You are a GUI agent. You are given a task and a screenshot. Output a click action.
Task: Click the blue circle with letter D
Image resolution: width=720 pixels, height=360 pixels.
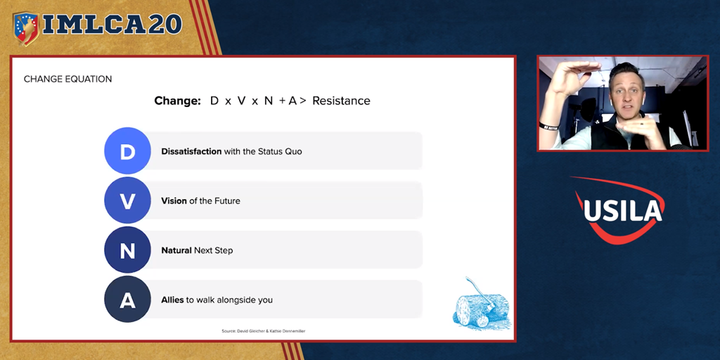pyautogui.click(x=128, y=150)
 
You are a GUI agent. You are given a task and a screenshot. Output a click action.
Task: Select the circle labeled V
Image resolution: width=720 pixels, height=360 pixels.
pyautogui.click(x=128, y=200)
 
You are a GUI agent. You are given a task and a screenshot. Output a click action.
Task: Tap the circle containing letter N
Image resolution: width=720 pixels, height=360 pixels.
pyautogui.click(x=128, y=250)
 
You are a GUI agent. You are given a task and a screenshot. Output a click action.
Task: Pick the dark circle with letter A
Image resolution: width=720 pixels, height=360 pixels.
pyautogui.click(x=128, y=300)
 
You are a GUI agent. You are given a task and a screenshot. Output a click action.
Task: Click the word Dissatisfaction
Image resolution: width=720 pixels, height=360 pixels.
pyautogui.click(x=191, y=151)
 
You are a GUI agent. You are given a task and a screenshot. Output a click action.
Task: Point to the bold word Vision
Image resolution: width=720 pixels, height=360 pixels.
pyautogui.click(x=174, y=200)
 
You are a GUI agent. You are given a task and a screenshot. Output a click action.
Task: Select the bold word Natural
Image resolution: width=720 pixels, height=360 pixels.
pyautogui.click(x=176, y=250)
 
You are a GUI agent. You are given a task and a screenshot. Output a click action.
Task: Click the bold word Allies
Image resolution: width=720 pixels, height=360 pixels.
pyautogui.click(x=173, y=300)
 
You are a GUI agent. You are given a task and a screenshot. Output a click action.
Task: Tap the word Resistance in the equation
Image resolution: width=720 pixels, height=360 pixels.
pyautogui.click(x=341, y=101)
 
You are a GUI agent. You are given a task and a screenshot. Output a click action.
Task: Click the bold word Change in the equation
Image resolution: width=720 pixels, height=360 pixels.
pyautogui.click(x=178, y=101)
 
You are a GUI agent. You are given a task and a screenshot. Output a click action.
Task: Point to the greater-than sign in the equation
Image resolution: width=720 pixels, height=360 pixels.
pyautogui.click(x=302, y=101)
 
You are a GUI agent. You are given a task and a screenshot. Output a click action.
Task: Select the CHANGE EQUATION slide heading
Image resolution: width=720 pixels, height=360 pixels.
pyautogui.click(x=68, y=79)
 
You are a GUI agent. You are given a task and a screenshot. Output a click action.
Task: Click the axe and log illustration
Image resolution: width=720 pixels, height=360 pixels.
pyautogui.click(x=481, y=303)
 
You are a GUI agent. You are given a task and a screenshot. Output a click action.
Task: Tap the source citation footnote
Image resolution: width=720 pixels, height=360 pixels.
pyautogui.click(x=263, y=330)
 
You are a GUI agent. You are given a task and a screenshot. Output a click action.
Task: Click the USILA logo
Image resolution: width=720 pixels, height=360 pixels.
pyautogui.click(x=619, y=210)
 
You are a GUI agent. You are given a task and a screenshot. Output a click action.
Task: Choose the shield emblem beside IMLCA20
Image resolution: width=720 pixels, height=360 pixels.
pyautogui.click(x=26, y=28)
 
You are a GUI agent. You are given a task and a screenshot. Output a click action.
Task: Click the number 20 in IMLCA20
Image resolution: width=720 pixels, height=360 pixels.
pyautogui.click(x=165, y=25)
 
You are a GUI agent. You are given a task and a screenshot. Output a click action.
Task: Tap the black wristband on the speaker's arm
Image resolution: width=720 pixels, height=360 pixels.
pyautogui.click(x=549, y=127)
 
